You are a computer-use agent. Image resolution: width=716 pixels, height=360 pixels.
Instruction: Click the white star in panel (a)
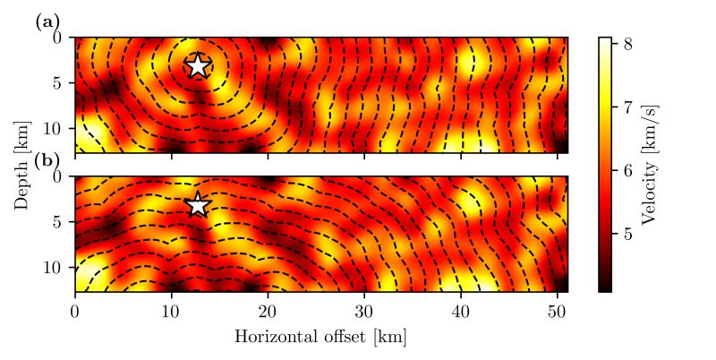coord(198,65)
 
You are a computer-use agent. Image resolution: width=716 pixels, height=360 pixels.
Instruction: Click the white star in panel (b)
coord(198,205)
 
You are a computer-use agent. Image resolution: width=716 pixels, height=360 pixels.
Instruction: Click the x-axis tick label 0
coord(74,311)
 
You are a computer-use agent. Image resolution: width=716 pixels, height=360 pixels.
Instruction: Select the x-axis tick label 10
coord(171,311)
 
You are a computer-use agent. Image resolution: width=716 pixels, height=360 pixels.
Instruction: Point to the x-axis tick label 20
coord(268,311)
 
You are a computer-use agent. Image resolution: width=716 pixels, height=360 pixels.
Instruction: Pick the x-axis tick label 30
coord(364,311)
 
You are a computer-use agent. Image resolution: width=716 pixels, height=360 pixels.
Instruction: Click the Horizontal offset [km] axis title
coord(321,337)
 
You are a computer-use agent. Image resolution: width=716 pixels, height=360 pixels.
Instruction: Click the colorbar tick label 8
coord(628,43)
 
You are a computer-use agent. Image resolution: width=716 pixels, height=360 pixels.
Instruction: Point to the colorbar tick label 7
coord(628,107)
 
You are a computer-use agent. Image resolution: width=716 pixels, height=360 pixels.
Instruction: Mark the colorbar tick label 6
coord(628,170)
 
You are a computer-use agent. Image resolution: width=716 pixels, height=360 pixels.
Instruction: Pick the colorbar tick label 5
coord(628,234)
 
